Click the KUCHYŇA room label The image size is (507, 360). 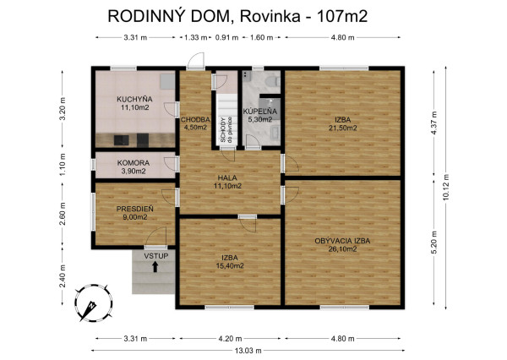[134, 100]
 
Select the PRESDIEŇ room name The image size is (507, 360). [134, 208]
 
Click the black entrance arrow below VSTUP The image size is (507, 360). [155, 268]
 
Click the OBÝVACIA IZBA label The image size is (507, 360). [342, 241]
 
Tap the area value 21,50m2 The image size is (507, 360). [342, 128]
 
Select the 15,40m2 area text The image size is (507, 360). [229, 265]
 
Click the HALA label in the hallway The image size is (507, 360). [226, 177]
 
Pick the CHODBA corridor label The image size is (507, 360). [194, 120]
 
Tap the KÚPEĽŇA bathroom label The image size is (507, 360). [259, 112]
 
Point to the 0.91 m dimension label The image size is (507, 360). [226, 37]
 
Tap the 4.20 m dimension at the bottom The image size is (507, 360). [230, 338]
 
